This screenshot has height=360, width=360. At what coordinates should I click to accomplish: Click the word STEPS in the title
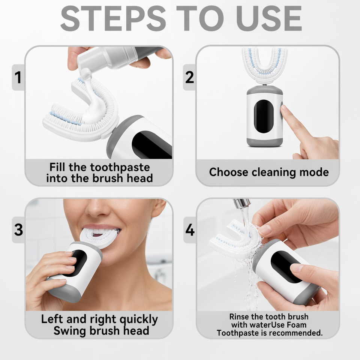(113, 18)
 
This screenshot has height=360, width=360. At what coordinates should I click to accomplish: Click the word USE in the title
(269, 18)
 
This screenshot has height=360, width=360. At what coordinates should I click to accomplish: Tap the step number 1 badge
(18, 77)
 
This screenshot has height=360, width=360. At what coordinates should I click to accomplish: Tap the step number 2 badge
(189, 77)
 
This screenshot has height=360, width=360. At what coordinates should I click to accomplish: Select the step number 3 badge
(18, 229)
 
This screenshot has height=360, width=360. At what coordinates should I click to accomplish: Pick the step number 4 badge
(190, 230)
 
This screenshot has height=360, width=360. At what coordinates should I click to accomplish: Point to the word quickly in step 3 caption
(138, 319)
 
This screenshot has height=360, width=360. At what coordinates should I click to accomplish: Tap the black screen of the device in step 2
(264, 116)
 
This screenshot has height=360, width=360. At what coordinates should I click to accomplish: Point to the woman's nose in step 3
(98, 209)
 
